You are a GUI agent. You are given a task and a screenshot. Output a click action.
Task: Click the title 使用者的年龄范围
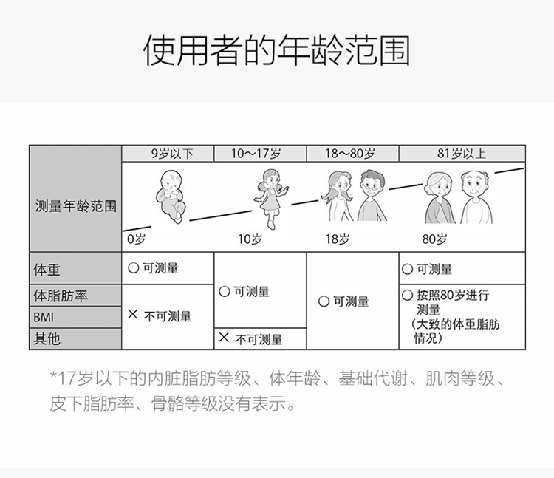click(276, 49)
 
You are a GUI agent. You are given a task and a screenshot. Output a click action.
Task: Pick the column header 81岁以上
click(462, 154)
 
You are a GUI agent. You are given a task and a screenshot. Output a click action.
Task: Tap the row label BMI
click(44, 317)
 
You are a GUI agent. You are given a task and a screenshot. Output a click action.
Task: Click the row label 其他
click(47, 339)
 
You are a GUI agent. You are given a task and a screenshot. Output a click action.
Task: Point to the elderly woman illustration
click(441, 197)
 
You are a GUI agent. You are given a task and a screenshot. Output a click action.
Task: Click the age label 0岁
click(136, 239)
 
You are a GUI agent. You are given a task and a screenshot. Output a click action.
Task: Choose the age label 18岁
click(338, 239)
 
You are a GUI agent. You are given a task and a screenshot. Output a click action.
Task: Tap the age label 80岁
click(434, 239)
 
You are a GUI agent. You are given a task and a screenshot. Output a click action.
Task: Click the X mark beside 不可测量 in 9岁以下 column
click(133, 315)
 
